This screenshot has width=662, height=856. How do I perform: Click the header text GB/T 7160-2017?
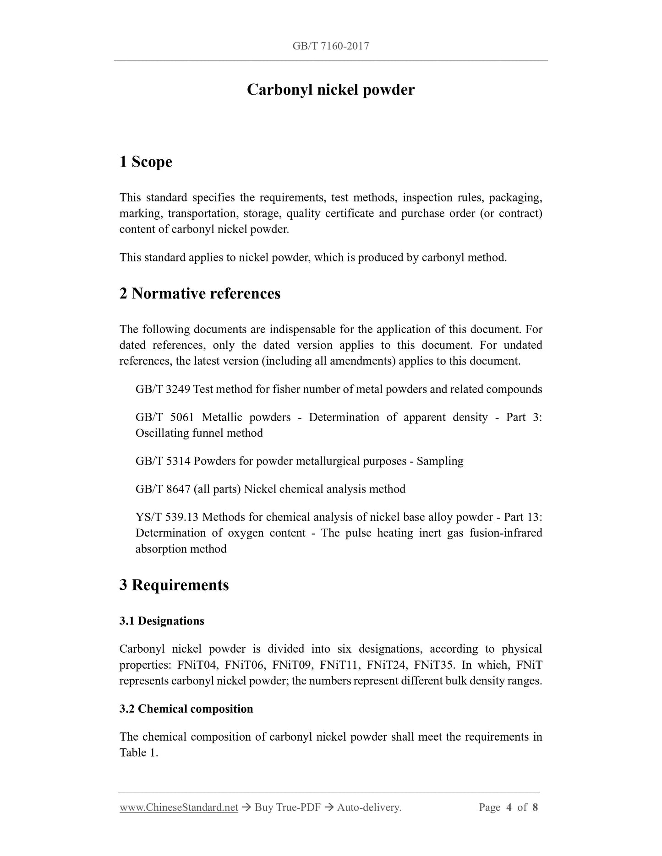pyautogui.click(x=330, y=46)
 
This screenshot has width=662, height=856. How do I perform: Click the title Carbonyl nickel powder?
pyautogui.click(x=330, y=90)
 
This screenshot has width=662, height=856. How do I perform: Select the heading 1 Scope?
pyautogui.click(x=146, y=162)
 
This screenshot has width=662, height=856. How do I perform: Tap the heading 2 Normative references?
pyautogui.click(x=200, y=293)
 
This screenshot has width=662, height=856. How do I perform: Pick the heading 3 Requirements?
pyautogui.click(x=174, y=585)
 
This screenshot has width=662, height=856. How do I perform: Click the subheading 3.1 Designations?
pyautogui.click(x=162, y=621)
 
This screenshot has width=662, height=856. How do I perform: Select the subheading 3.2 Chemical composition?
pyautogui.click(x=186, y=709)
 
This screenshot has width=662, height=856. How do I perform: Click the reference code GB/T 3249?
pyautogui.click(x=163, y=390)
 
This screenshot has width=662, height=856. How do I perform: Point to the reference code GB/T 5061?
pyautogui.click(x=165, y=417)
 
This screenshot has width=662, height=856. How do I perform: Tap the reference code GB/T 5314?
pyautogui.click(x=163, y=461)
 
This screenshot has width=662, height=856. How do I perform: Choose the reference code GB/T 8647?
pyautogui.click(x=163, y=489)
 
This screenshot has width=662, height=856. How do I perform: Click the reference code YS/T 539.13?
pyautogui.click(x=167, y=517)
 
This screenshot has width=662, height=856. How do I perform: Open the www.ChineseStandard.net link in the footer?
pyautogui.click(x=179, y=807)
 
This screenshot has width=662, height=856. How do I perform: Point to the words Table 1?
pyautogui.click(x=138, y=753)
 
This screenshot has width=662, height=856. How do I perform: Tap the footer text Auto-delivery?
pyautogui.click(x=369, y=807)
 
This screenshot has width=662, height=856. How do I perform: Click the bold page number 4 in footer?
pyautogui.click(x=509, y=807)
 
